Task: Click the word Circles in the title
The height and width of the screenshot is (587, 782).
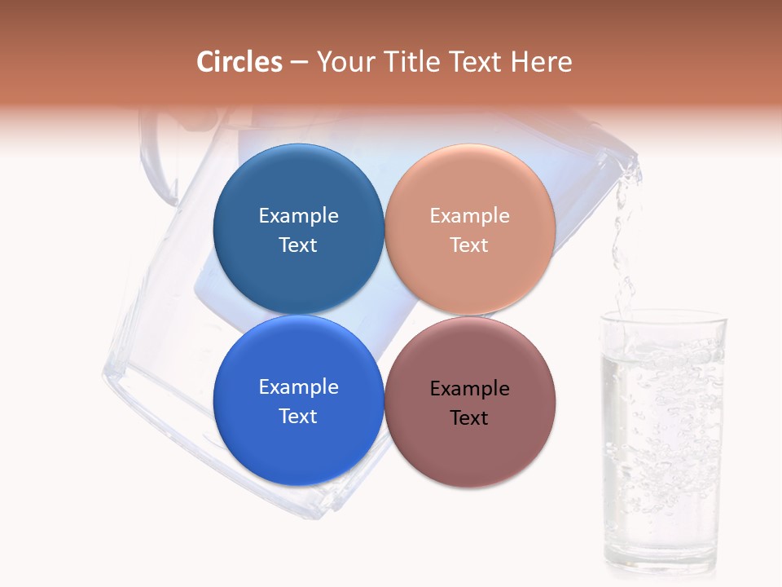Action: [239, 62]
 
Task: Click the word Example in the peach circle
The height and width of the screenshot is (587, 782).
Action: [470, 216]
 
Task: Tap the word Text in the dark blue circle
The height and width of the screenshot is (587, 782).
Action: [298, 245]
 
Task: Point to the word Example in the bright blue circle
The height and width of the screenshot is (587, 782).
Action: [298, 387]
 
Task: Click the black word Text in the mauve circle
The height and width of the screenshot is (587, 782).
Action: [469, 418]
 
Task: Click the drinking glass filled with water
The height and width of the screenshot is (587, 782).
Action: [662, 440]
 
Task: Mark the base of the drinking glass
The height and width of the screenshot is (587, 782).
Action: [660, 567]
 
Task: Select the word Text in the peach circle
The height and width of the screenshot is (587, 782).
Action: [469, 245]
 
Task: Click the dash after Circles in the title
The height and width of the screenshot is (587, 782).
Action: [299, 63]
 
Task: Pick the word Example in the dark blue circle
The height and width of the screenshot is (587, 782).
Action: [298, 216]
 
